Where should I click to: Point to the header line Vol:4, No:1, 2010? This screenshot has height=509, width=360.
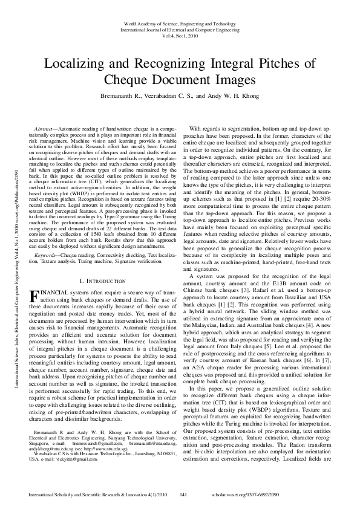click(180, 36)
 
